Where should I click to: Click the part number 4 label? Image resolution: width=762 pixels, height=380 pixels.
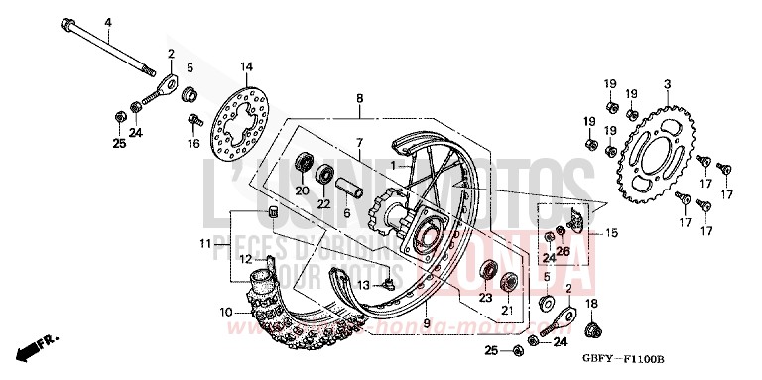tap(108, 23)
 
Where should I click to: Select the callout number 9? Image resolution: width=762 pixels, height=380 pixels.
tap(426, 323)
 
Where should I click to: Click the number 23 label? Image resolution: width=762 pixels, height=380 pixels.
tap(486, 295)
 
